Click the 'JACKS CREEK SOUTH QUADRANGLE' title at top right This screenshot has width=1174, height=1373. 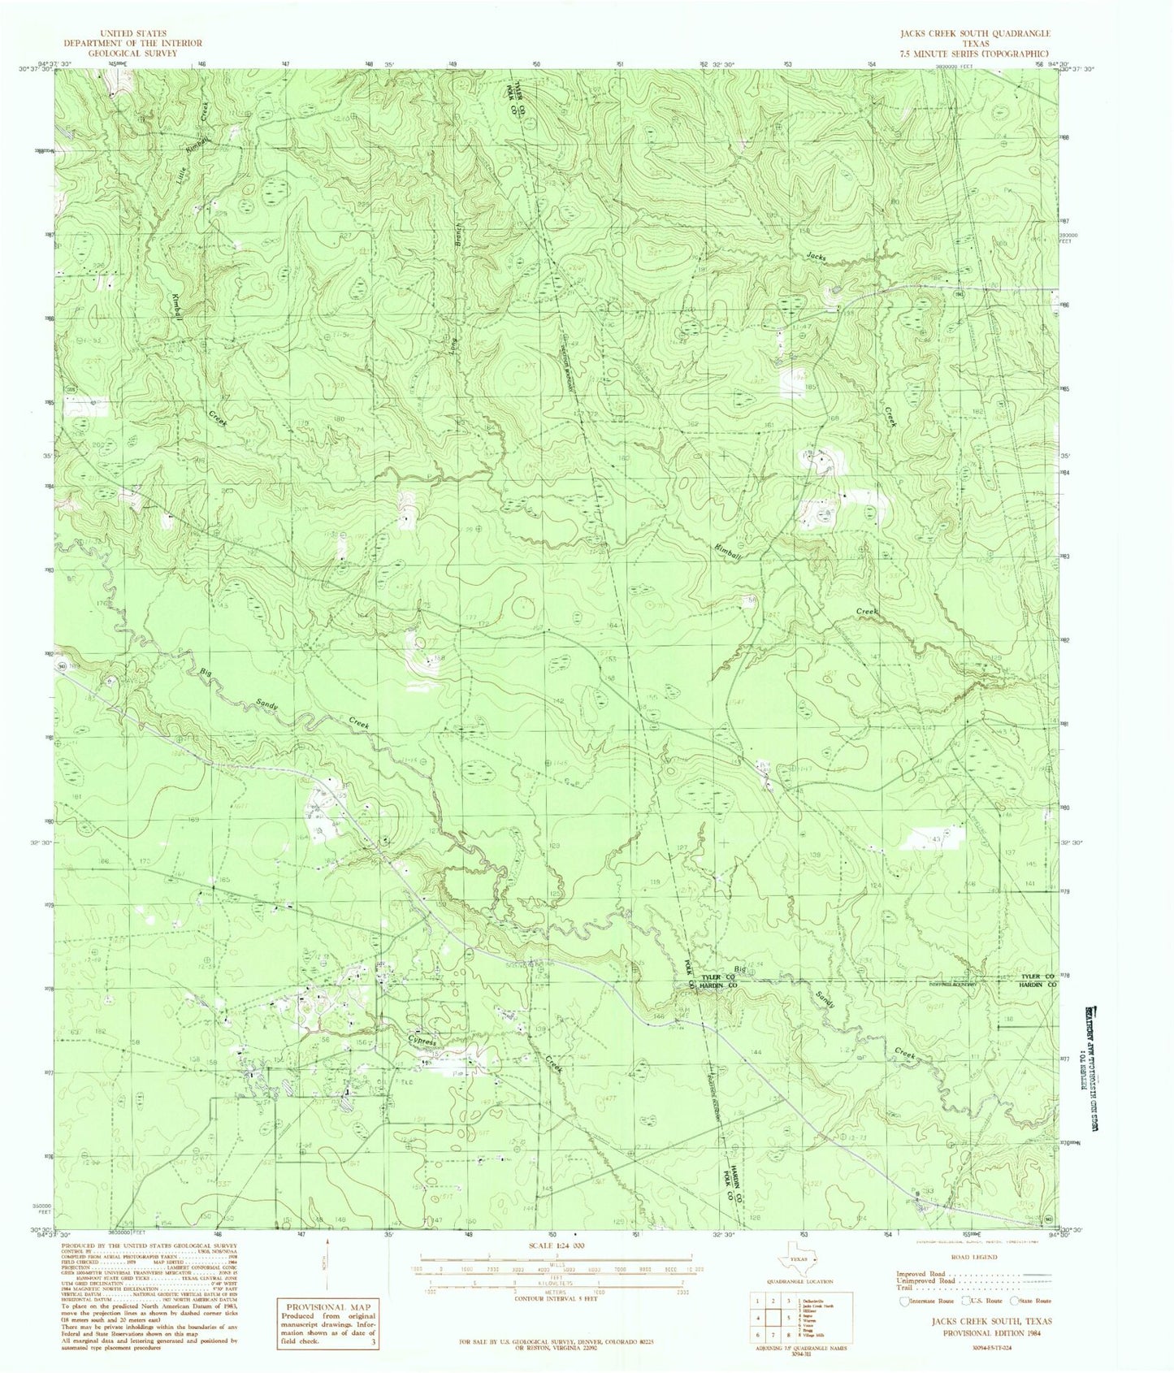[969, 33]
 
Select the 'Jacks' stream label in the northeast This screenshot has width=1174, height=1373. [817, 257]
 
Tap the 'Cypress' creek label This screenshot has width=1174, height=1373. [422, 1042]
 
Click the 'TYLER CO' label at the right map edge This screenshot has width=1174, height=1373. [1037, 976]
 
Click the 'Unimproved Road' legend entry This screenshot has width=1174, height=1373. [926, 1280]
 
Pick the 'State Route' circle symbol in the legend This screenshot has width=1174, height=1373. [1014, 1301]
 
